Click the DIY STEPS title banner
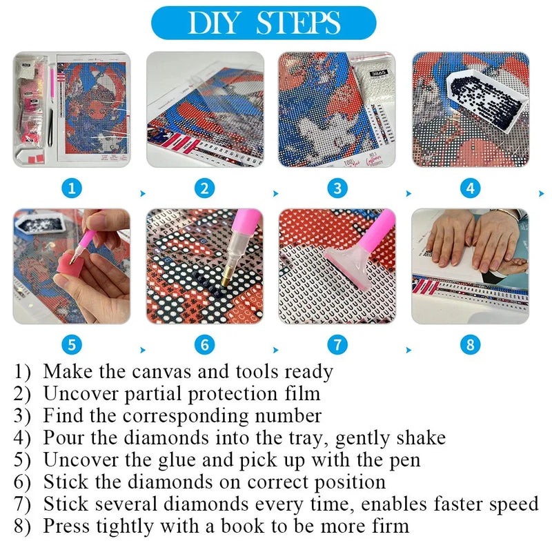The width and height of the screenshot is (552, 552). point(264,23)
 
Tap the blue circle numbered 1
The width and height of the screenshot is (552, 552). point(72,188)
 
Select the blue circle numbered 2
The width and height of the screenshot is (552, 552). point(204,188)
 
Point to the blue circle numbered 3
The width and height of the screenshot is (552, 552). point(337,188)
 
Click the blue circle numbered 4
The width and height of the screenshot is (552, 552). point(470,188)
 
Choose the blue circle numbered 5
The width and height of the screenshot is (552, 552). point(72,344)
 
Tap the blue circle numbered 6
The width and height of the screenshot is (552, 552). point(204,344)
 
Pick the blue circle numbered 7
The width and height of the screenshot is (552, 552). point(337,344)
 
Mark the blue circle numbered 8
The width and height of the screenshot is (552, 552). point(470,344)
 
